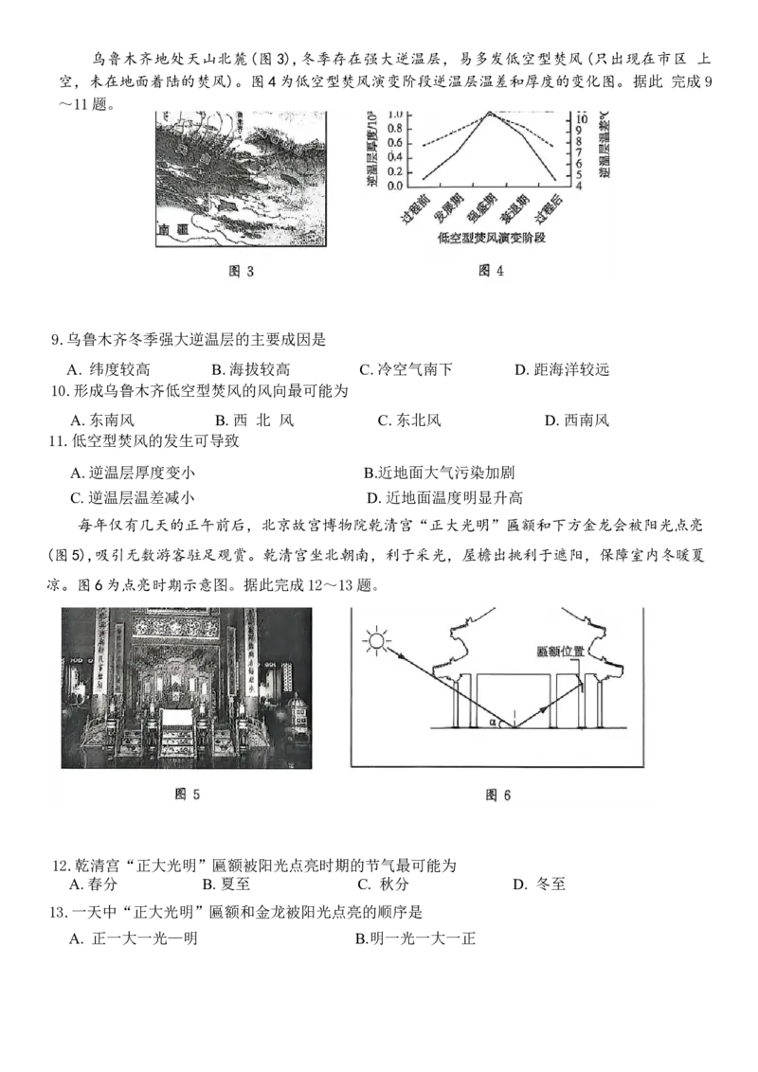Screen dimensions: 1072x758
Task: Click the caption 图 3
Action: coord(243,271)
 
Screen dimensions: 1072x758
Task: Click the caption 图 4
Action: coord(491,271)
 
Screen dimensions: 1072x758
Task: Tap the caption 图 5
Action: coord(188,795)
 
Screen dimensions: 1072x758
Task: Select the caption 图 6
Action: coord(498,795)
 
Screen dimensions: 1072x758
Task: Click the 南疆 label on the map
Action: coord(175,229)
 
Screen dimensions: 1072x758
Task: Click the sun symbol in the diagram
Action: coord(379,644)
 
